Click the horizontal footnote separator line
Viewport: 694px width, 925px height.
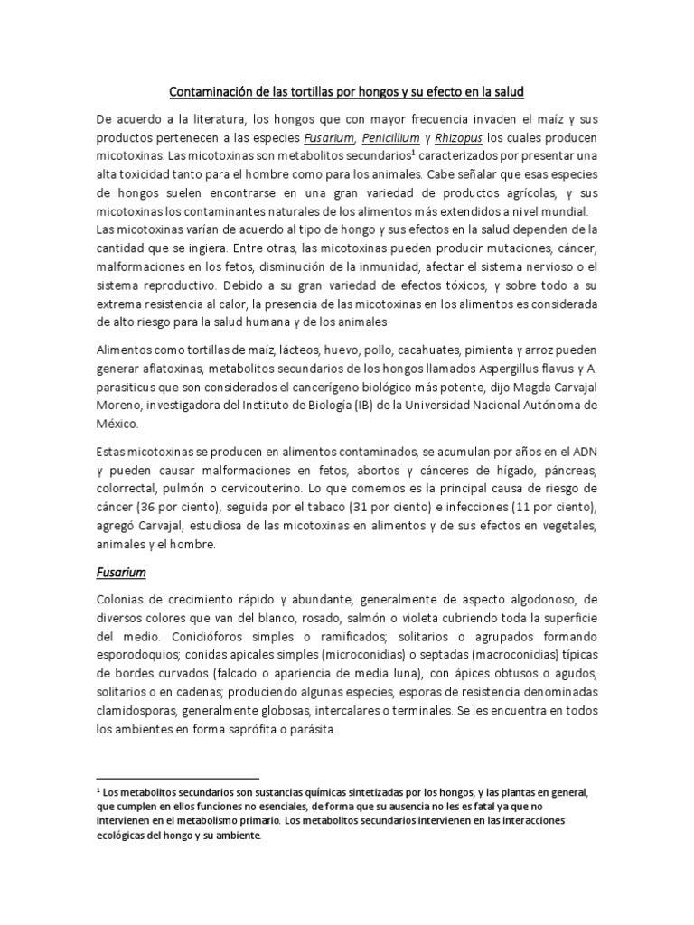(177, 776)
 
